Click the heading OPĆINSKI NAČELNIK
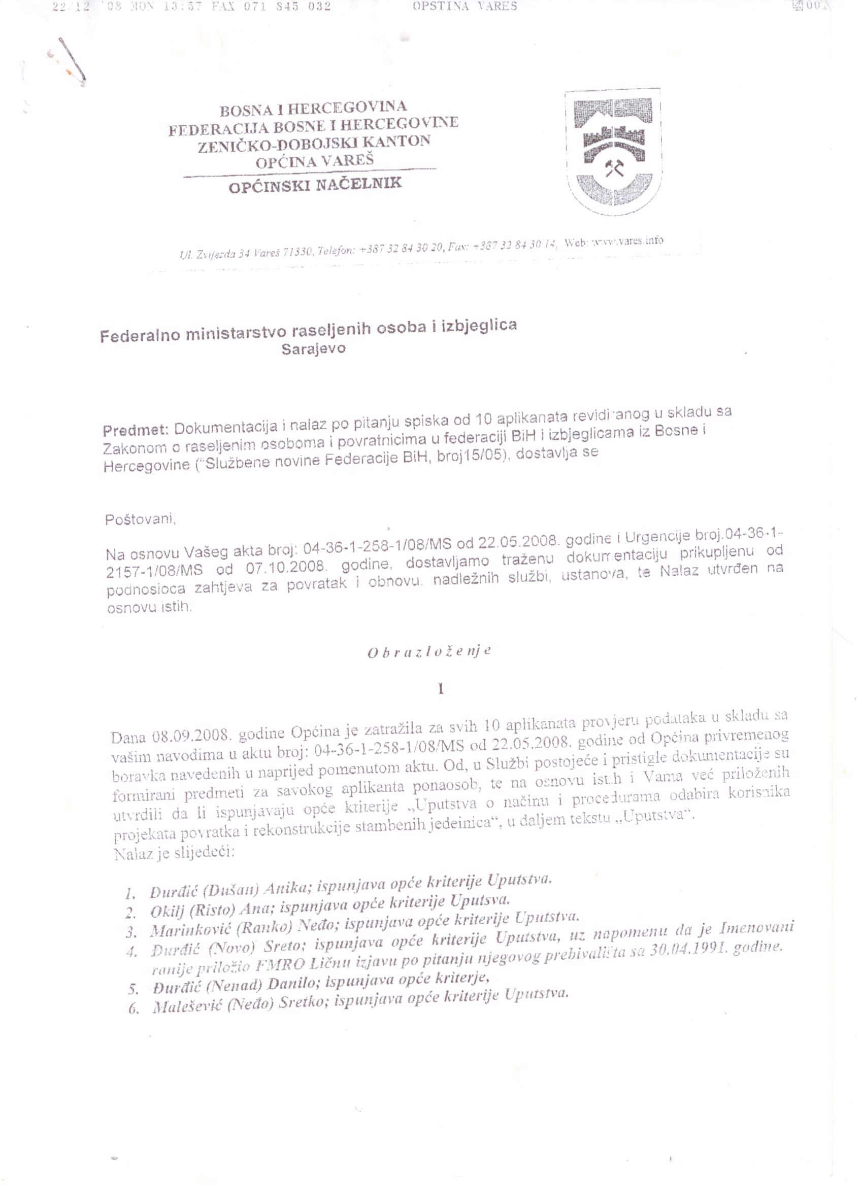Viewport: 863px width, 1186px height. tap(316, 185)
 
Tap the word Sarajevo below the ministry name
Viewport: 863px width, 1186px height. tap(314, 349)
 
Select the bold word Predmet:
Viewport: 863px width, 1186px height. tap(136, 430)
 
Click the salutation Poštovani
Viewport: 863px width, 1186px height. tap(140, 519)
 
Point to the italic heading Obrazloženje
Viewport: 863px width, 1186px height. tap(429, 652)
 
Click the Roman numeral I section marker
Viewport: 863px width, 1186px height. tap(441, 689)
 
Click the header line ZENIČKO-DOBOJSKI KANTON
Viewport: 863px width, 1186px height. tap(314, 143)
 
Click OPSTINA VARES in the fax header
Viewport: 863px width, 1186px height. tap(464, 6)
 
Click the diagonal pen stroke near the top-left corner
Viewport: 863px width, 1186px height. tap(72, 60)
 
